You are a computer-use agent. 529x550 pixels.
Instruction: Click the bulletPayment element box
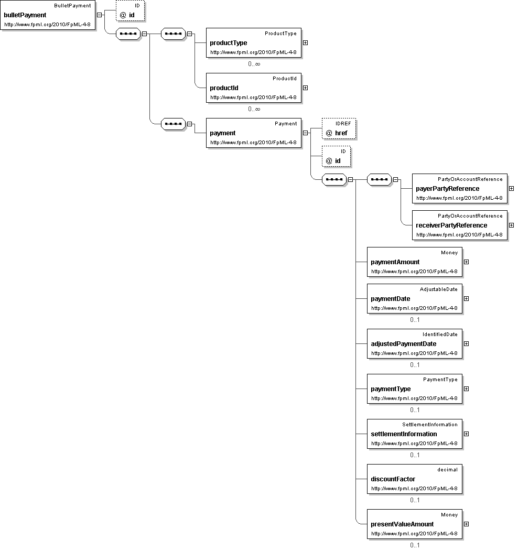(x=48, y=15)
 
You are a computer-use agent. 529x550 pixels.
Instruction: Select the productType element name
(x=229, y=43)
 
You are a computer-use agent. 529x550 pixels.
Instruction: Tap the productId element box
(x=253, y=88)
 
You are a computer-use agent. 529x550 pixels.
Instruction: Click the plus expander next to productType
(x=305, y=43)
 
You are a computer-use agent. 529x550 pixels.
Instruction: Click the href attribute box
(x=339, y=128)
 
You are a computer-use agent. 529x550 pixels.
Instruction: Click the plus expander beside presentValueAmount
(x=466, y=524)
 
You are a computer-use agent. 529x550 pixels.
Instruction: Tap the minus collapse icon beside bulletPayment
(x=99, y=15)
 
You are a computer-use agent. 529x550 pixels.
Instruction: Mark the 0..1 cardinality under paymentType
(x=415, y=410)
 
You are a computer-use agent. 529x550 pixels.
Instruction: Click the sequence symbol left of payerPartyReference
(x=379, y=180)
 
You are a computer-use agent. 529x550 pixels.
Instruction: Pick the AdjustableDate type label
(x=438, y=289)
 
